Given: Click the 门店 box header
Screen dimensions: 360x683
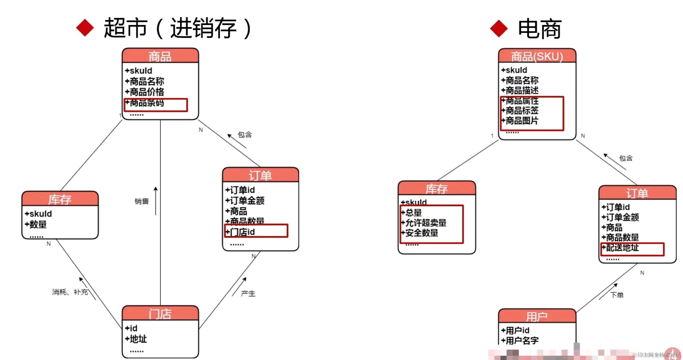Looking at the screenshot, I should click(160, 314).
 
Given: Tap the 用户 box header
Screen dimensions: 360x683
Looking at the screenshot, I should click(537, 316).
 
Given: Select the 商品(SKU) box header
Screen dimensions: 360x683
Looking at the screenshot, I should click(537, 56).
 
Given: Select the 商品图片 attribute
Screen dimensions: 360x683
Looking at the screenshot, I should click(522, 121).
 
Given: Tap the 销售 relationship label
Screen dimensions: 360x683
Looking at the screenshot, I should click(142, 201).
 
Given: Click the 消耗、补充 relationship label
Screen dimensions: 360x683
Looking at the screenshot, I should click(70, 292).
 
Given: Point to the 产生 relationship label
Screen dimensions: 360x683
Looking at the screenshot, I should click(248, 293).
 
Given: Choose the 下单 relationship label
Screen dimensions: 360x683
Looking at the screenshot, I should click(617, 295).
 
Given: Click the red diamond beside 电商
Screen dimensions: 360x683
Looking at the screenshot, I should click(499, 29).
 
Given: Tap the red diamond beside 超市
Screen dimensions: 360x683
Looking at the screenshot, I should click(85, 28).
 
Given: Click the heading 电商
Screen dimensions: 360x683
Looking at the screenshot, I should click(540, 29).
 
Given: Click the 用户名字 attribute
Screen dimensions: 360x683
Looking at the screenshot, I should click(522, 340).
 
